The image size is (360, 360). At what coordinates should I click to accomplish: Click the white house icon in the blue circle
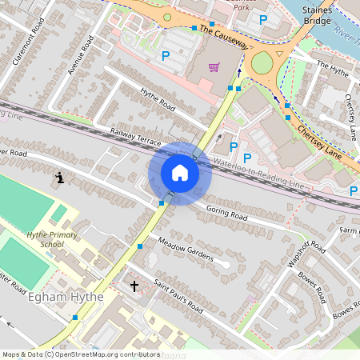coord(180,173)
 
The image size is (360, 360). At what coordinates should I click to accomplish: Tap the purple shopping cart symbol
coord(214,67)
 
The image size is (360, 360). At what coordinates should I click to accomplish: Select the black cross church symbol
coord(134,285)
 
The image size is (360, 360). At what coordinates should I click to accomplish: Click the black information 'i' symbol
coord(60,177)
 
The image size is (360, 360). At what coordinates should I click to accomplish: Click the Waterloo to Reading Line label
coord(258,174)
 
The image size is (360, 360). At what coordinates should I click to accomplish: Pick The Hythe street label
coord(333,70)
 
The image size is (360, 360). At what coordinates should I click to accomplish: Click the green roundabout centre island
coord(262,62)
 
